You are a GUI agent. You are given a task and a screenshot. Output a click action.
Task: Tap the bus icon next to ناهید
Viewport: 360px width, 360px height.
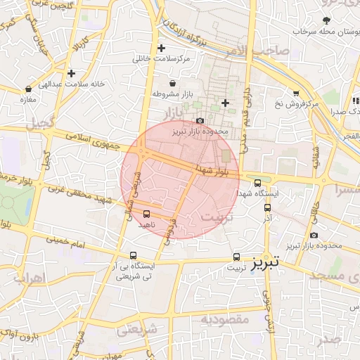click(x=146, y=213)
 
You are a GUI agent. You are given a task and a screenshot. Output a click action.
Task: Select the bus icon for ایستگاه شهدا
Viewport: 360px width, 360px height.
click(x=258, y=183)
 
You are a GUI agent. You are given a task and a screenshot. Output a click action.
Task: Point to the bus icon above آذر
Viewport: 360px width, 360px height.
click(x=267, y=207)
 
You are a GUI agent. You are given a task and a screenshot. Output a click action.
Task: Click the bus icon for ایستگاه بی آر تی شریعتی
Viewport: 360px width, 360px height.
click(x=133, y=257)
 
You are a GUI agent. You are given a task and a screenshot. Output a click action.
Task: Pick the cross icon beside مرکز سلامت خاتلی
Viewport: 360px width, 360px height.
click(x=162, y=49)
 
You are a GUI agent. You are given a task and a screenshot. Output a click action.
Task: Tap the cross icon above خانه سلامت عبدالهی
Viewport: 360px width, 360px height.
click(x=71, y=72)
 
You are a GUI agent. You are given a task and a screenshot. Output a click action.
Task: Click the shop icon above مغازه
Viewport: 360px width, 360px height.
click(x=28, y=89)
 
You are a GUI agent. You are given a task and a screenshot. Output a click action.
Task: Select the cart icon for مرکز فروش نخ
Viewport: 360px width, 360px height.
click(x=296, y=93)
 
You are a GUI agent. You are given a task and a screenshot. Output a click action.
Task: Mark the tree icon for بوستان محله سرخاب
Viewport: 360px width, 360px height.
click(x=326, y=20)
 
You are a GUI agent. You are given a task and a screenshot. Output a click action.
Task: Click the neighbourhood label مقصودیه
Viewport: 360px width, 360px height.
click(x=226, y=319)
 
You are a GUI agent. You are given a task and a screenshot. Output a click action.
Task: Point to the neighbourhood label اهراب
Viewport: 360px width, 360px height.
click(x=29, y=278)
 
